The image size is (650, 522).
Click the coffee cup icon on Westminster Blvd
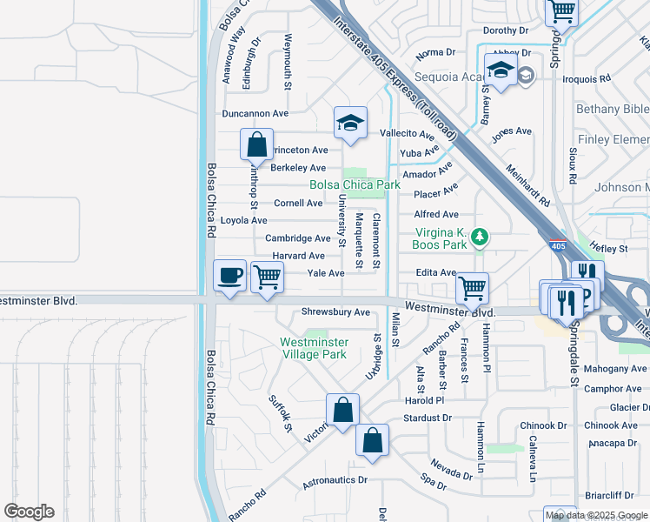(x=230, y=276)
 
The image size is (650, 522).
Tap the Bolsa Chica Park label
(x=355, y=184)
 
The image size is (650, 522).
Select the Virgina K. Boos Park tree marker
(x=477, y=236)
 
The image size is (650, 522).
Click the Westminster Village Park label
(x=313, y=348)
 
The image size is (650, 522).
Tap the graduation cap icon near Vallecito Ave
(x=350, y=123)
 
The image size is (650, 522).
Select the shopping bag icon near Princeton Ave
(x=257, y=145)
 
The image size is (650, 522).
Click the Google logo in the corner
(x=29, y=512)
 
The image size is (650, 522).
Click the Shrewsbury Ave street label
(x=335, y=312)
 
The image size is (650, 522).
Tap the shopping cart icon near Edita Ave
(x=472, y=286)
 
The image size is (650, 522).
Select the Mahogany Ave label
(x=614, y=369)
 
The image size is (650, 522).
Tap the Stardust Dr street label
(x=428, y=418)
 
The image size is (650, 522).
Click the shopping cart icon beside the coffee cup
(x=267, y=278)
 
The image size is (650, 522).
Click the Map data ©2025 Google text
(x=596, y=515)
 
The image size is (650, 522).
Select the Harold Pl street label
(x=424, y=401)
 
